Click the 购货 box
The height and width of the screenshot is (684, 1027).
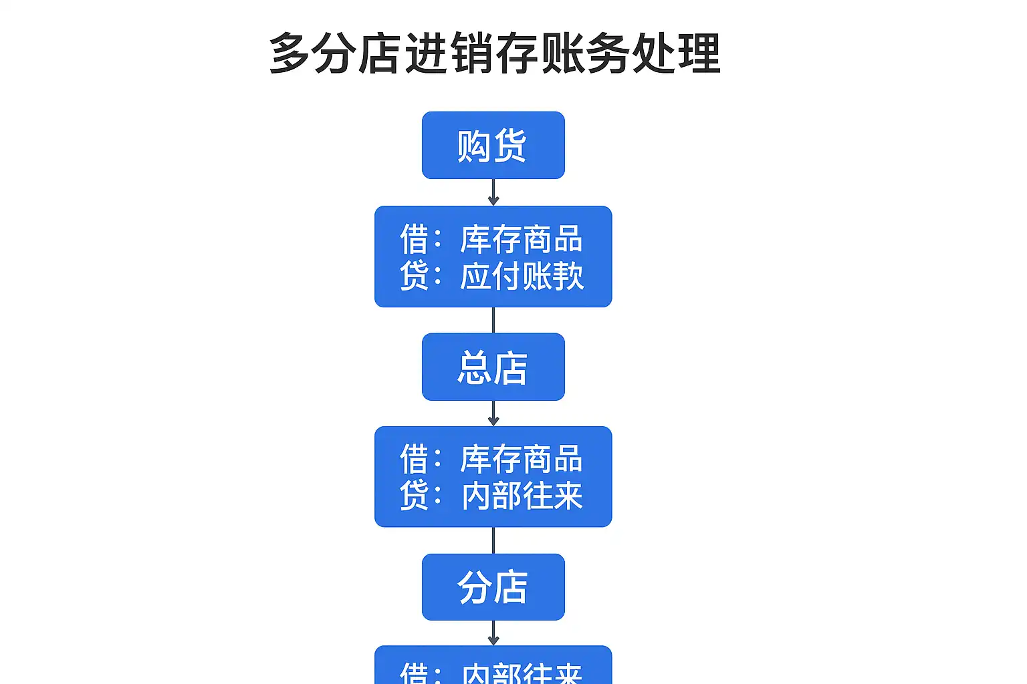[493, 146]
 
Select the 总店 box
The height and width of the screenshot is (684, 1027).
[493, 367]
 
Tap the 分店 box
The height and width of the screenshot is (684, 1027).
[493, 587]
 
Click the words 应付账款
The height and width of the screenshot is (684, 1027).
[522, 276]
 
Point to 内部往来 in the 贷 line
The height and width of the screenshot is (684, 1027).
[522, 496]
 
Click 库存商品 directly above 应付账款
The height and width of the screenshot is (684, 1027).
[522, 239]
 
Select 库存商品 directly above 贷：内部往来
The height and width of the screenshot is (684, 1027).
[522, 460]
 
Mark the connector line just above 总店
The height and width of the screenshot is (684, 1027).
[493, 320]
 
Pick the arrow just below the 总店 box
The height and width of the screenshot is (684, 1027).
[493, 413]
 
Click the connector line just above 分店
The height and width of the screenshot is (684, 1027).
[493, 540]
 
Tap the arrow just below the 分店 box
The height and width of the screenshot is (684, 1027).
[493, 633]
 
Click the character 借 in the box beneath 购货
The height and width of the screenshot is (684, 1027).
[414, 239]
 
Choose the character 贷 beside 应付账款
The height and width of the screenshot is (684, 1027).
[414, 276]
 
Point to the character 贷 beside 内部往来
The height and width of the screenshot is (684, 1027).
[414, 496]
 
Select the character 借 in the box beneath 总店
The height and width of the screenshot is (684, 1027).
[414, 460]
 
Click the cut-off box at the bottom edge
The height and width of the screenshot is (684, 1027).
[493, 667]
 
